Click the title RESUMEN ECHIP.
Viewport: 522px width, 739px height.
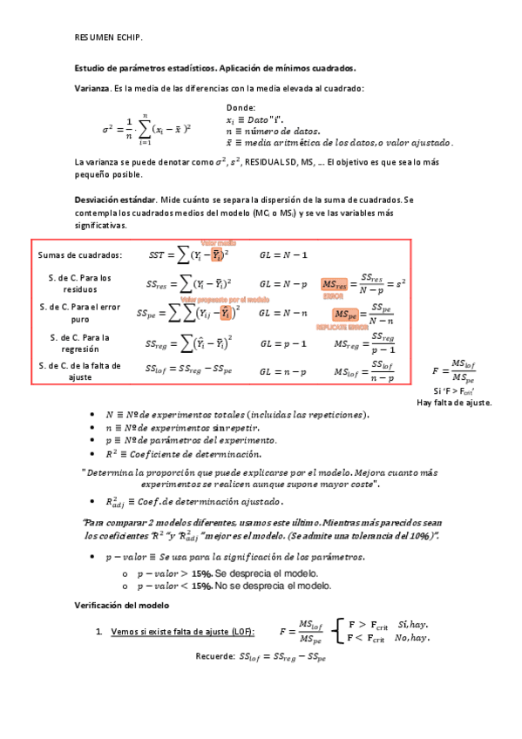point(109,37)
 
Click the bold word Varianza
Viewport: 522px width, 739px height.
point(92,89)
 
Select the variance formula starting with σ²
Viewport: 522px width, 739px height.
point(146,128)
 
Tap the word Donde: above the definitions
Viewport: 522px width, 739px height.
point(241,107)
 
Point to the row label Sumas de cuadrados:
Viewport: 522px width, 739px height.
point(80,255)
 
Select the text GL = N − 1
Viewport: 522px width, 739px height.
point(283,254)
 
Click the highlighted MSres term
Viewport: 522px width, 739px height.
point(335,284)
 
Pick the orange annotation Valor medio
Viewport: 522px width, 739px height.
point(219,243)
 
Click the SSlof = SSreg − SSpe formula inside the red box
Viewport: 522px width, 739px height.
point(189,372)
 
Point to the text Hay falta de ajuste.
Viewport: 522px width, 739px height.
point(454,403)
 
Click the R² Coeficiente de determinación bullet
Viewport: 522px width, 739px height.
point(182,454)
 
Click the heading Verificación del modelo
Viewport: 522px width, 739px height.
point(120,605)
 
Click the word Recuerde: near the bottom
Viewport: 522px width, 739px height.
point(214,657)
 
